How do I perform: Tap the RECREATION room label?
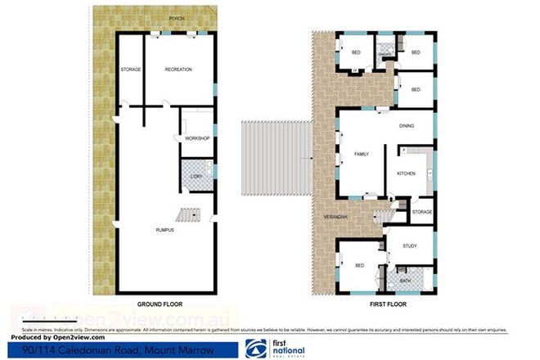[x=178, y=70]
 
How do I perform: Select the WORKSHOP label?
[x=197, y=138]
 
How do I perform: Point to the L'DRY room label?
[x=196, y=177]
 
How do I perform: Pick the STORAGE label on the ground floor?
[x=131, y=70]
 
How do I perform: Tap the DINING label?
[x=407, y=126]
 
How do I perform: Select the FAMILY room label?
[x=361, y=154]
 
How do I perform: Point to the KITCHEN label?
[x=407, y=173]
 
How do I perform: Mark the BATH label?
[x=405, y=281]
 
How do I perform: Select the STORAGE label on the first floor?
[x=422, y=212]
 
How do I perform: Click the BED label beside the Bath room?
[x=358, y=266]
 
